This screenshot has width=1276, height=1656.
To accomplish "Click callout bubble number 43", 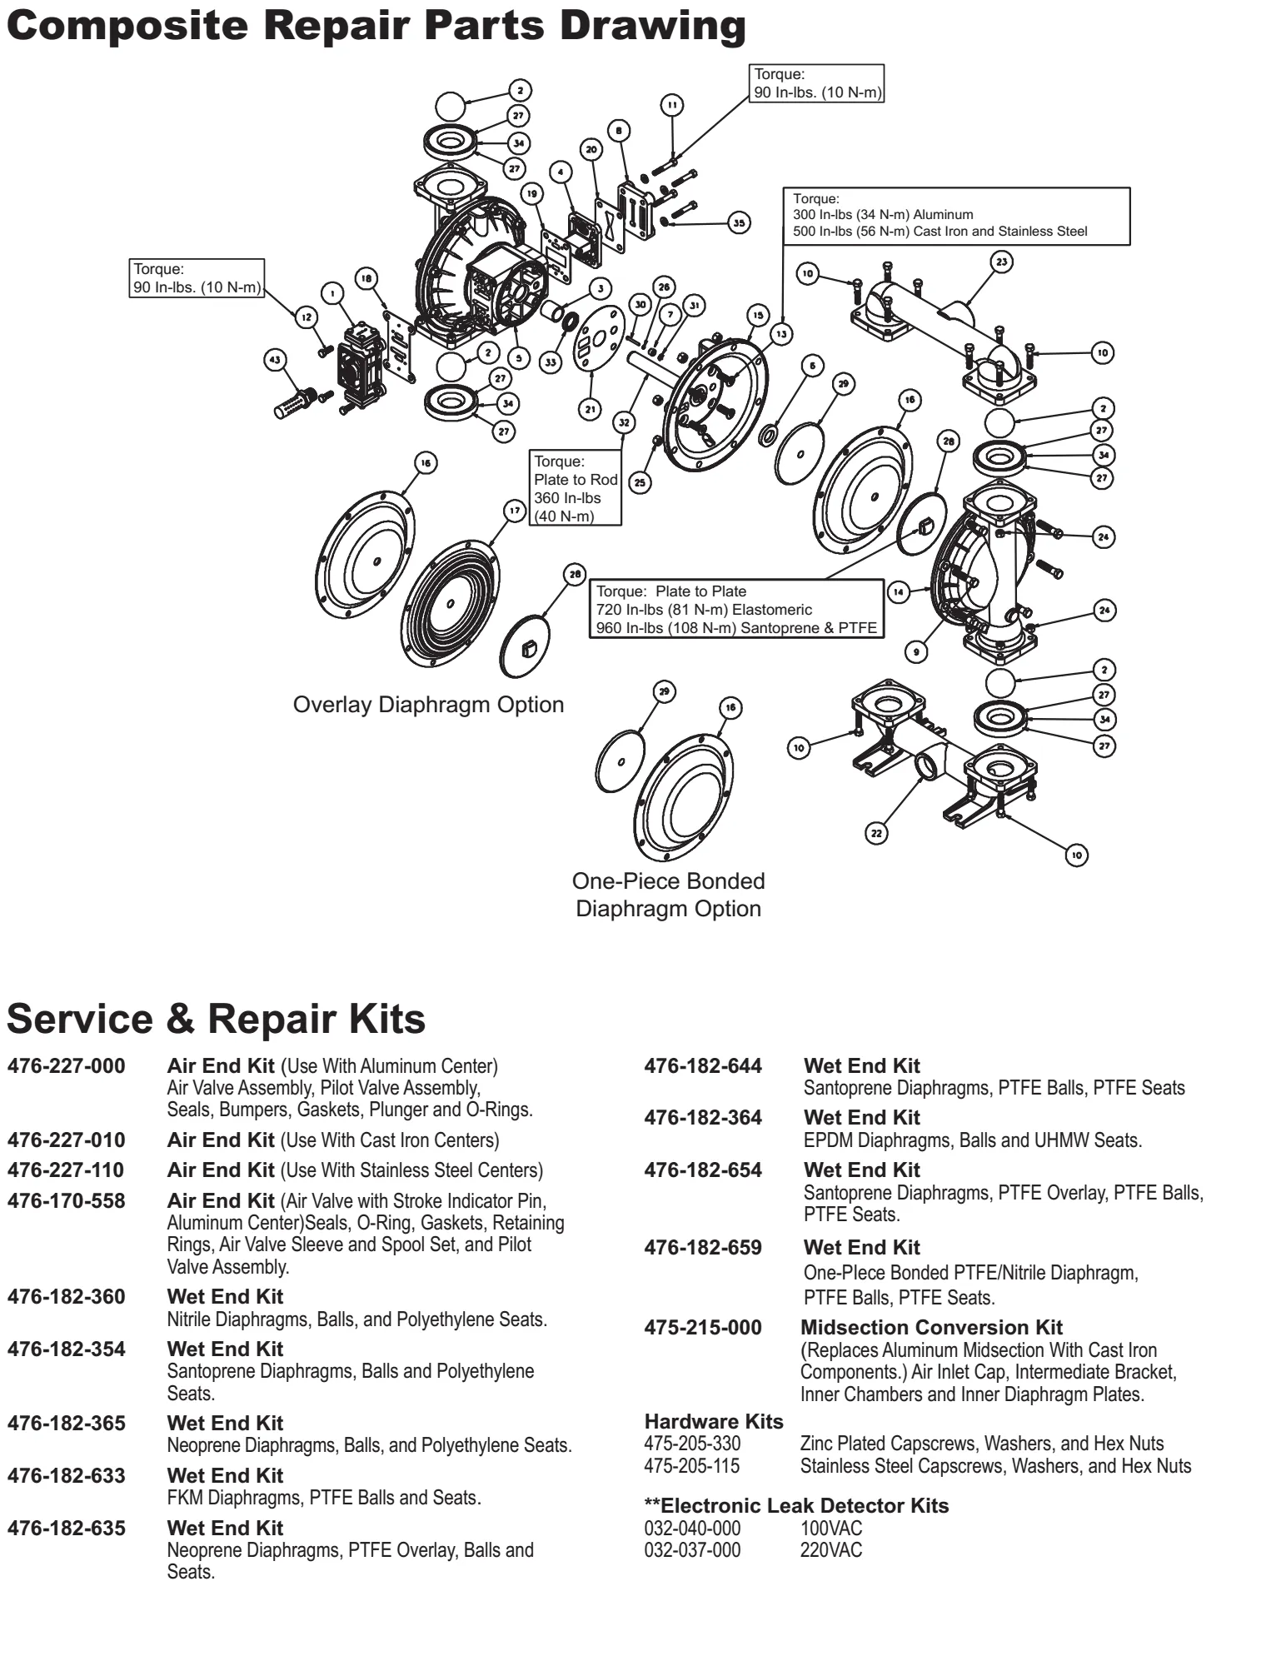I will point(274,360).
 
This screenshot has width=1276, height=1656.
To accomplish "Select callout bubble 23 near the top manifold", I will point(1002,262).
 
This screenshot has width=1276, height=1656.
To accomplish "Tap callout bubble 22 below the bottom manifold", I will point(876,832).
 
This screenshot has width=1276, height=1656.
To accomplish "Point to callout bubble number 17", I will point(515,510).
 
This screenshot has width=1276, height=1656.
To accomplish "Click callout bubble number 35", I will point(739,222).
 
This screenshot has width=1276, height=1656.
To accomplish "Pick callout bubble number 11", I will point(671,105).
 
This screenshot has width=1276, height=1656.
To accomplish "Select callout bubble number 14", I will point(898,592).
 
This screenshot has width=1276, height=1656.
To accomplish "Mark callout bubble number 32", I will point(624,422).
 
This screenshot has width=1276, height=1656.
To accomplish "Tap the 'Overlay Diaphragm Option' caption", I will point(428,705).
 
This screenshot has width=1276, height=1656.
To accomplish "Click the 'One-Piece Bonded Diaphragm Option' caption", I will point(668,895).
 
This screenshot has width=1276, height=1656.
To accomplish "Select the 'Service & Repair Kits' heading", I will point(217,1019).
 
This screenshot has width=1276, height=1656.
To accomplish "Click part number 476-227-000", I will point(67,1066).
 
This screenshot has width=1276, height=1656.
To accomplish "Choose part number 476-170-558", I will point(67,1201).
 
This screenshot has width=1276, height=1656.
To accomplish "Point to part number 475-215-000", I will point(703,1327).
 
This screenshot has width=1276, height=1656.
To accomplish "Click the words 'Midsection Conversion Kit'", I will point(931,1327).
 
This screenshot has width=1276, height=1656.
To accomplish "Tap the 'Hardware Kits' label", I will point(714,1421).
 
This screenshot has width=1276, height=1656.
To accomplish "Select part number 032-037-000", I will point(692,1550).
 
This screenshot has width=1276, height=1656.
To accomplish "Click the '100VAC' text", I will point(831,1529).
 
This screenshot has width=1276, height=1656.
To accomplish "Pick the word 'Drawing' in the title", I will point(652,25).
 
